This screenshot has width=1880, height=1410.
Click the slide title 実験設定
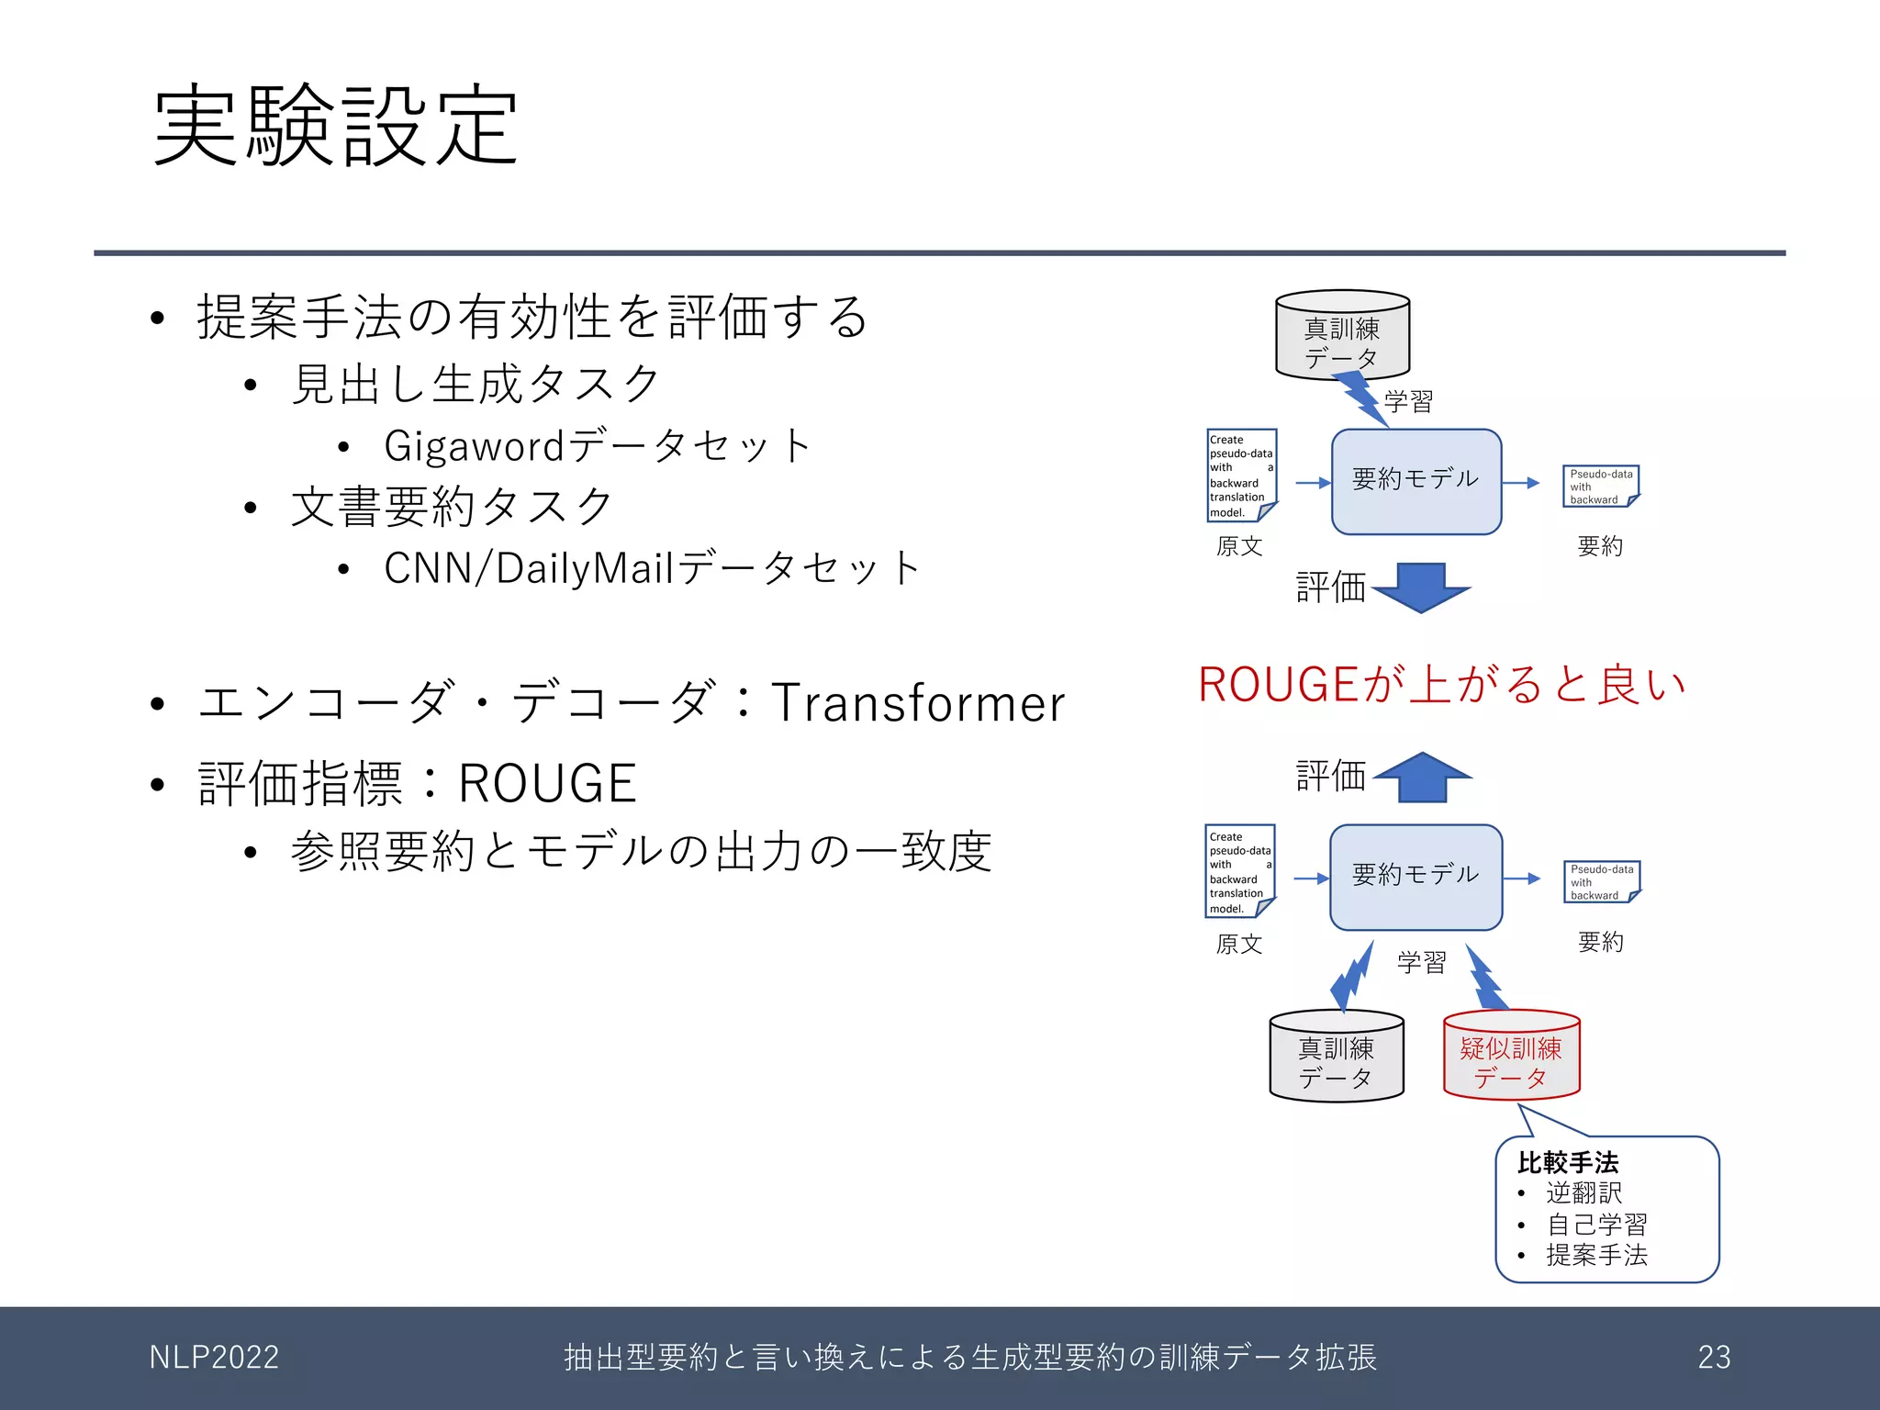point(336,126)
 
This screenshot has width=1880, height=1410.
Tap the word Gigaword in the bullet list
point(474,446)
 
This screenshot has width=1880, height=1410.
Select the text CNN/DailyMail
point(529,568)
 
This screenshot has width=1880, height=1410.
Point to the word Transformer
point(918,703)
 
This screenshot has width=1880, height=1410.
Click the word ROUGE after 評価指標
point(547,784)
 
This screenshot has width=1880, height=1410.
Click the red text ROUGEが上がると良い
point(1442,685)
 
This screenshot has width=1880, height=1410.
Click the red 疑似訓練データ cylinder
point(1511,1056)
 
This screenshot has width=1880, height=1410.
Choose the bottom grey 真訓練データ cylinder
point(1337,1056)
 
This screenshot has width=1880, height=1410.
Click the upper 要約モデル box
point(1416,481)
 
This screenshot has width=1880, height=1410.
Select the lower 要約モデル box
point(1416,877)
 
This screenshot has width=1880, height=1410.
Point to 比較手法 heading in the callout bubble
point(1568,1162)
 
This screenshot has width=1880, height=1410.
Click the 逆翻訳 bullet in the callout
point(1584,1192)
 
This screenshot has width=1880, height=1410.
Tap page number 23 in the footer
point(1714,1357)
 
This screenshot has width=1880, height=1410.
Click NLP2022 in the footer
point(214,1357)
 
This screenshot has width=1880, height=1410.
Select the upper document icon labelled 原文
point(1241,476)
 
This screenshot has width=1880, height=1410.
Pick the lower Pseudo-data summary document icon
point(1601,881)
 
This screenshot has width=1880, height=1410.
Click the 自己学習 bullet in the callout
point(1596,1224)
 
